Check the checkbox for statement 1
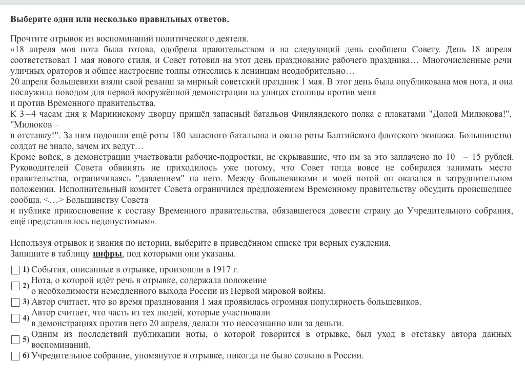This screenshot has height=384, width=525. click(x=15, y=270)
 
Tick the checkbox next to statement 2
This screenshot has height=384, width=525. click(x=15, y=286)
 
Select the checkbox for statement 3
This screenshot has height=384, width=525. click(x=15, y=302)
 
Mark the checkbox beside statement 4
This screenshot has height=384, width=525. click(x=15, y=318)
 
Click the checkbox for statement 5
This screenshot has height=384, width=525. click(x=15, y=339)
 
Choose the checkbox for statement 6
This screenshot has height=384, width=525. click(x=15, y=356)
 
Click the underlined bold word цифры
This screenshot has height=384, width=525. click(x=107, y=254)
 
